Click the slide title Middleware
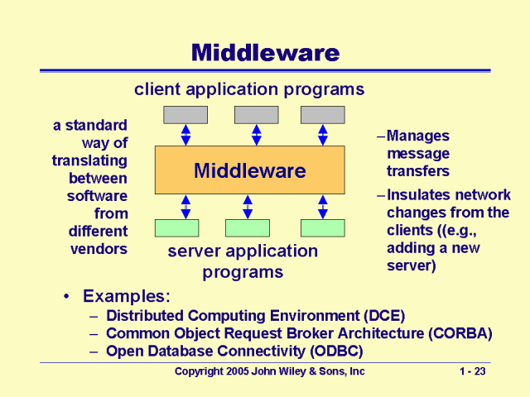click(265, 53)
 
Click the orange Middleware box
click(250, 170)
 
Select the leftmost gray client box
click(185, 115)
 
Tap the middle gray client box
click(257, 115)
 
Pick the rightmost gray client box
click(323, 115)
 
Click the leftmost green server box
click(176, 228)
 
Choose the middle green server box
click(248, 228)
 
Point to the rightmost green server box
click(323, 228)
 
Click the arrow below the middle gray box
click(257, 135)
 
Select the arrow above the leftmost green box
click(185, 207)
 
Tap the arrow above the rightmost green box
click(323, 207)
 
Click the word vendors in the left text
click(99, 249)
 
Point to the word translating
click(89, 160)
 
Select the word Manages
click(418, 136)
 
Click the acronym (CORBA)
click(460, 333)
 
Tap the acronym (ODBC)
click(337, 351)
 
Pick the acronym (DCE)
click(384, 316)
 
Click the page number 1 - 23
click(473, 371)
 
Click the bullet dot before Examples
click(66, 296)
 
